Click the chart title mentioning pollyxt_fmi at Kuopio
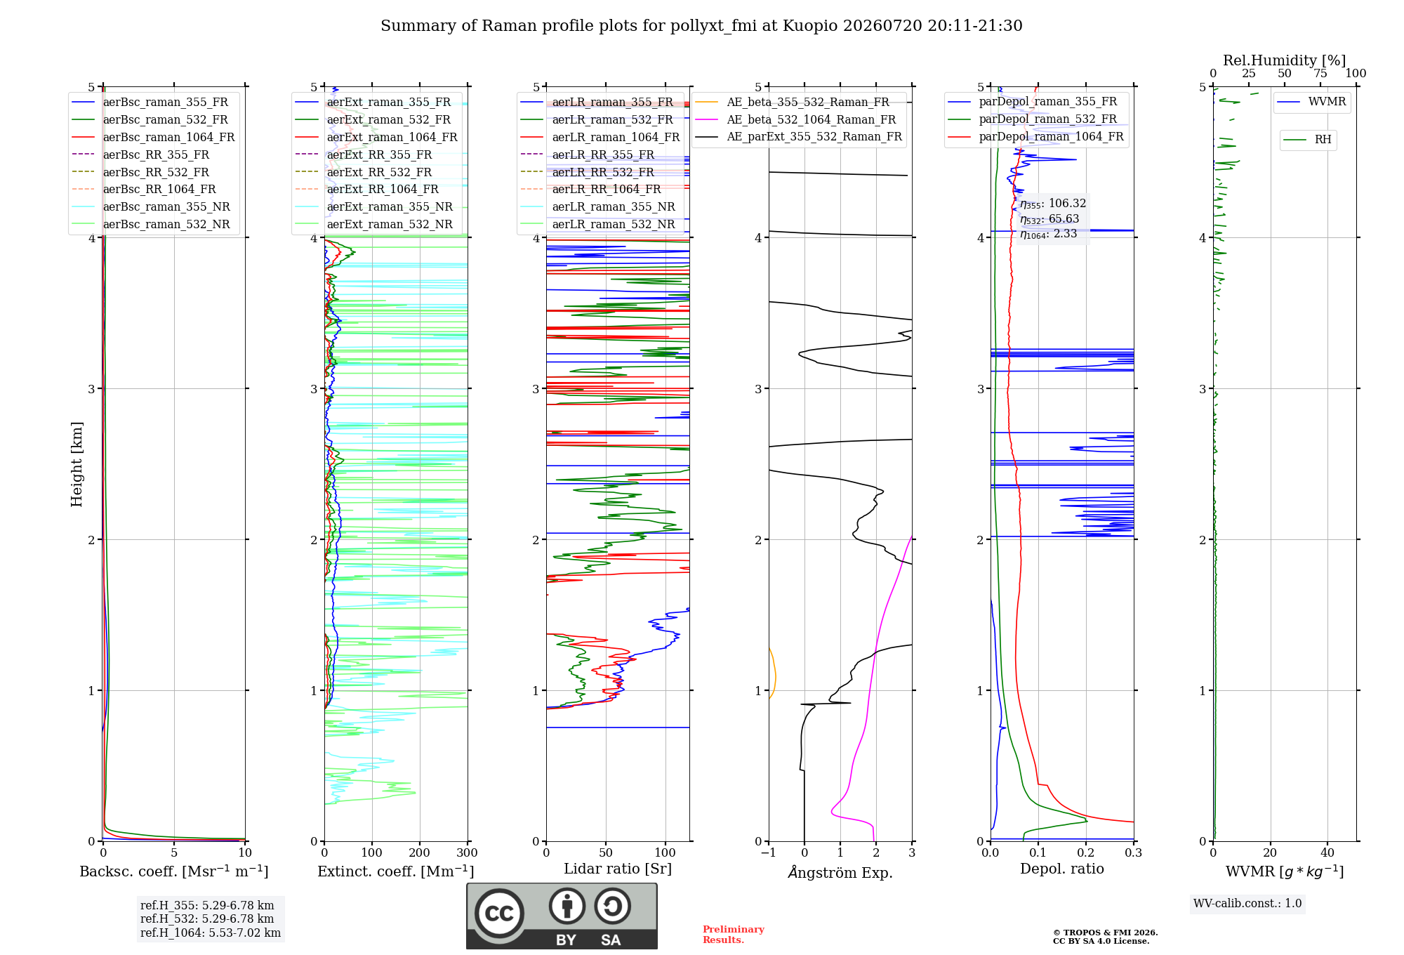(701, 26)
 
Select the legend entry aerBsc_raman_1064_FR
(153, 137)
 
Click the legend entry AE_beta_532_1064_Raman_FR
(795, 119)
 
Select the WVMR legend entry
(1311, 102)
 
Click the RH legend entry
(1307, 140)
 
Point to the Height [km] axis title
(77, 464)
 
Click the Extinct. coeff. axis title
(396, 871)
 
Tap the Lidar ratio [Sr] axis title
(618, 869)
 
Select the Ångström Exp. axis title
(840, 872)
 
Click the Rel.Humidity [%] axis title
(1285, 60)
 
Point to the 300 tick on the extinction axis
(467, 852)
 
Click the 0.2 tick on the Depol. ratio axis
(1086, 852)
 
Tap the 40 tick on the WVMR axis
(1327, 852)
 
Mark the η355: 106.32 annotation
(1053, 204)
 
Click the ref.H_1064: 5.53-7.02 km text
(211, 933)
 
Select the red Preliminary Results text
(734, 935)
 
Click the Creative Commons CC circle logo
(499, 913)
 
